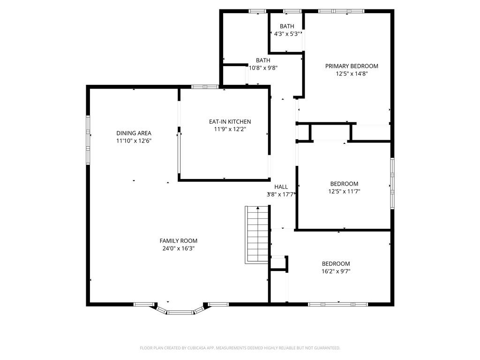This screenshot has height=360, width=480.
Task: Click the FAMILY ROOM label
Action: click(x=179, y=241)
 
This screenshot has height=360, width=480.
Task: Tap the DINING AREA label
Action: click(x=134, y=133)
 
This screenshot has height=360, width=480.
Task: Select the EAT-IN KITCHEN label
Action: click(x=230, y=121)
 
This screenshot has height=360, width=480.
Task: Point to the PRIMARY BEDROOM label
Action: click(x=352, y=66)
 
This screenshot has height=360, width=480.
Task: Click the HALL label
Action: click(x=281, y=187)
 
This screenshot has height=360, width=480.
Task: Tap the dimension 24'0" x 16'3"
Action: click(x=179, y=248)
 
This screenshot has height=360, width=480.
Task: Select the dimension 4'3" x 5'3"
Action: click(x=286, y=34)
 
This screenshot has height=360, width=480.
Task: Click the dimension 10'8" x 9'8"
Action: click(x=263, y=68)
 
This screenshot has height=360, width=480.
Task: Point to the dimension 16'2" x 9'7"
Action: click(x=336, y=271)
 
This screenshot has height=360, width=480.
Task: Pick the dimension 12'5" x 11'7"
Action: click(x=344, y=191)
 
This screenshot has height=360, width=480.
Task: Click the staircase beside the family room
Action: click(x=257, y=234)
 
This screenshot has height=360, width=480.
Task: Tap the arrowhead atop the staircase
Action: click(x=258, y=208)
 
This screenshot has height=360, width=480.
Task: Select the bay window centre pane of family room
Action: click(x=180, y=313)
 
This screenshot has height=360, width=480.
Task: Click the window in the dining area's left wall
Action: click(x=88, y=140)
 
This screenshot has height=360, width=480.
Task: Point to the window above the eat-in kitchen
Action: click(x=205, y=87)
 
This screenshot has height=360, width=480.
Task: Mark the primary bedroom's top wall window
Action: click(x=341, y=11)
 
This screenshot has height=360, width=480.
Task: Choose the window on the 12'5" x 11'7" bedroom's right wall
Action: click(x=392, y=183)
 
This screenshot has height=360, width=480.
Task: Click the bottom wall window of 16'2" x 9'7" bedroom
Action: click(x=338, y=304)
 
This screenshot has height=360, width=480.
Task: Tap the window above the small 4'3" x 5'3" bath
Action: click(x=292, y=11)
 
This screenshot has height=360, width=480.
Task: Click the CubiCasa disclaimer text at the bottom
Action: click(x=240, y=348)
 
